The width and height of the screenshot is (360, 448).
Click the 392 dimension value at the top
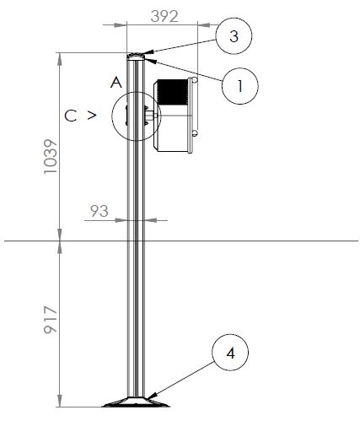coord(164,16)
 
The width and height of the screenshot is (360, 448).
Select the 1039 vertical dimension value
coord(51,156)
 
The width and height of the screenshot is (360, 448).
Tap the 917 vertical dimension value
coord(51,320)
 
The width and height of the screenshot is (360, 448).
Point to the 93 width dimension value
coord(99,211)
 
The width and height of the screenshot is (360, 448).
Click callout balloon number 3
coord(234,36)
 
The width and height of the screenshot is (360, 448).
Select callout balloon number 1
coord(240,86)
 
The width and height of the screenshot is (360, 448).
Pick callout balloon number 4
coord(230,353)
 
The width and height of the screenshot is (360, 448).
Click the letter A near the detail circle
coord(116,83)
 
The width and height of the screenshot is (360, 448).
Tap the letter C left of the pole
coord(71,116)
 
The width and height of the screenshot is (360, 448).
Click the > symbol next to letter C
coord(92,116)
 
